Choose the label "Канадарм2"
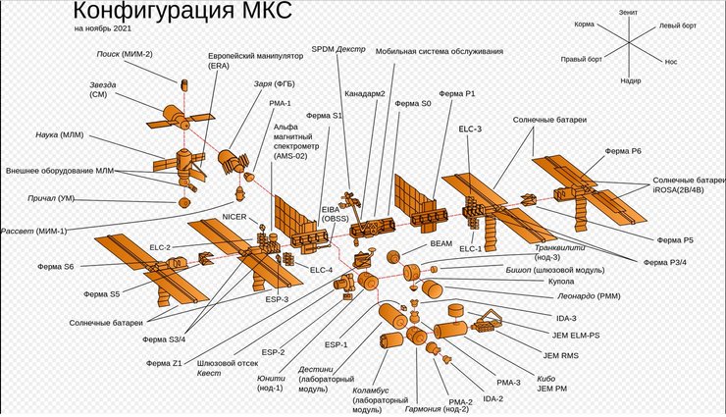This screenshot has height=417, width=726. click(x=364, y=95)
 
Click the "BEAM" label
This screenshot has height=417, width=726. click(x=441, y=241)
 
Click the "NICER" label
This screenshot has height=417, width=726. click(x=233, y=215)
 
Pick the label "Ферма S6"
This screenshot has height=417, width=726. click(x=57, y=267)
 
